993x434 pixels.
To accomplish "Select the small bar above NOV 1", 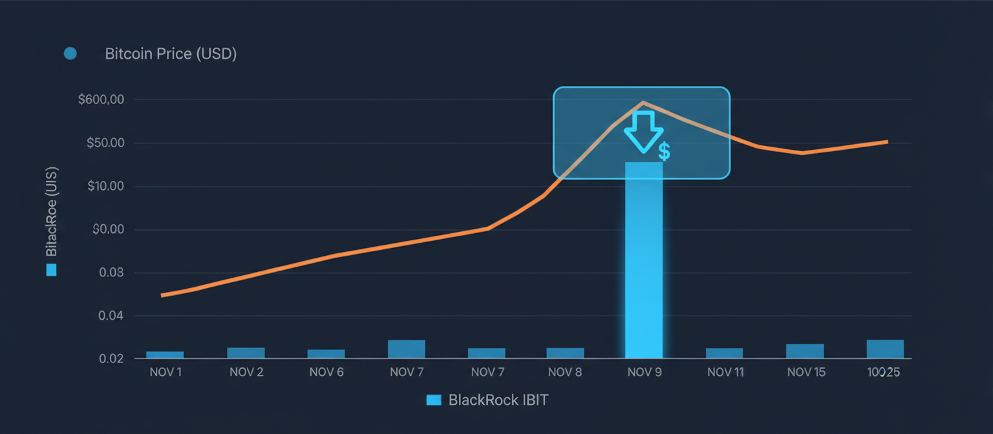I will click(x=165, y=355).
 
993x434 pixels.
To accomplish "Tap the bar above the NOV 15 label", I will click(x=805, y=351).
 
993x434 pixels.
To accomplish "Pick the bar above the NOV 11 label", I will click(x=724, y=353).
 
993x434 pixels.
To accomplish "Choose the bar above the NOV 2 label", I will click(x=246, y=353).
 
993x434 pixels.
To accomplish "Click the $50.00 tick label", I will click(x=105, y=143).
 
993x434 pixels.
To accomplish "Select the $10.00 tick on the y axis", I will click(x=105, y=187).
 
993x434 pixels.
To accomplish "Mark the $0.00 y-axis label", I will click(x=107, y=230).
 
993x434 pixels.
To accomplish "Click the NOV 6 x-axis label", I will click(x=326, y=373).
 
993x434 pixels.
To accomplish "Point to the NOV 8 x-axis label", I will click(x=565, y=373).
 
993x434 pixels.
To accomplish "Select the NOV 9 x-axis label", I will click(x=644, y=373).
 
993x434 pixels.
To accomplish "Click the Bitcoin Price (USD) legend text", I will click(x=171, y=54).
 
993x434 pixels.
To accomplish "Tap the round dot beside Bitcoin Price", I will click(x=70, y=54).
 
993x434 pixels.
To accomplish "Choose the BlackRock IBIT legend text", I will click(x=498, y=400).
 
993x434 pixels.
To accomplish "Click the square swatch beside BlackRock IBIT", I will click(x=434, y=400).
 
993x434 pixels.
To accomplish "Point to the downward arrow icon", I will click(x=643, y=131).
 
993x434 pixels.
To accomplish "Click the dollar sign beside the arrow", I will click(x=664, y=152).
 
